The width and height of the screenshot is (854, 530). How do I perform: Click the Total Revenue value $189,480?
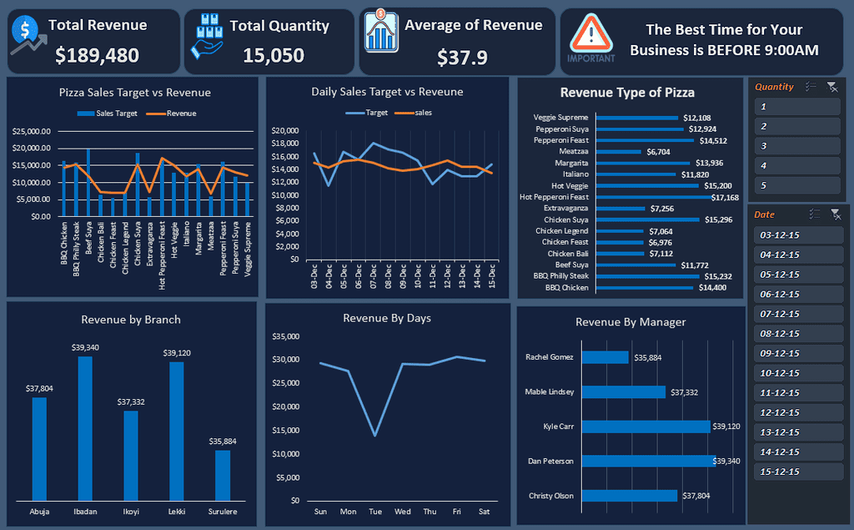[97, 55]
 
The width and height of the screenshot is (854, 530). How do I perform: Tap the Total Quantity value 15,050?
[274, 55]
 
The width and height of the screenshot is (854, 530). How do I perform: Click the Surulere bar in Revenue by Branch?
[223, 475]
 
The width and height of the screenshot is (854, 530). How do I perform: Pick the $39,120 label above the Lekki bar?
[177, 353]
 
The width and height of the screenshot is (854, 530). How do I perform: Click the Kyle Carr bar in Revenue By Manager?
[646, 427]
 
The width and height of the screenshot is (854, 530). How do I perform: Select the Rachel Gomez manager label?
[550, 357]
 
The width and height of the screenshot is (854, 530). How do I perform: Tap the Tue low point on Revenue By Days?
[375, 435]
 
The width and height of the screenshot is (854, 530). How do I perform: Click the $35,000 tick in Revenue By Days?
[286, 336]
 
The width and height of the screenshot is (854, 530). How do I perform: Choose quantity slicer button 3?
[796, 146]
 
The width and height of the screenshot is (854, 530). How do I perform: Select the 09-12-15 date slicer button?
[796, 353]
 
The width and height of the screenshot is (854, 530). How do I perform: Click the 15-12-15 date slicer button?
[796, 472]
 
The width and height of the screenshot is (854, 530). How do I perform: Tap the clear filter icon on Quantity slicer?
[831, 87]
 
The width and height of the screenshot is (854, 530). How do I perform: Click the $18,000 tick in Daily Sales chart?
[286, 143]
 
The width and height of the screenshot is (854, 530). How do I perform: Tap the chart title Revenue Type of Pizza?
[627, 93]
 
